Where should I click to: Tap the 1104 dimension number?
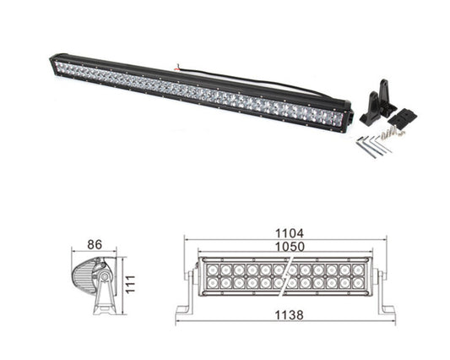(x=289, y=232)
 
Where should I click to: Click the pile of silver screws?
(x=390, y=133)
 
